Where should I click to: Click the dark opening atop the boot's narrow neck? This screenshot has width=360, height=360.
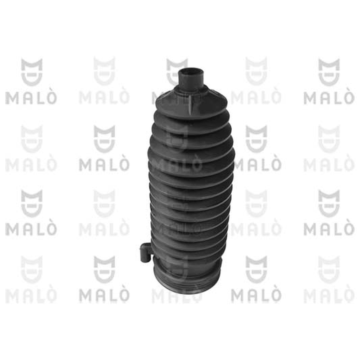191,70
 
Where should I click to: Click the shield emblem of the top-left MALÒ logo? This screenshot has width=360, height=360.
31,72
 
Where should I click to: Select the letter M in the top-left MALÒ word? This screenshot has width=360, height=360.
12,98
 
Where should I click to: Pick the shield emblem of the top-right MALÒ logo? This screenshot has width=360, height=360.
329,72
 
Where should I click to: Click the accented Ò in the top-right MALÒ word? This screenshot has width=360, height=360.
348,96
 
